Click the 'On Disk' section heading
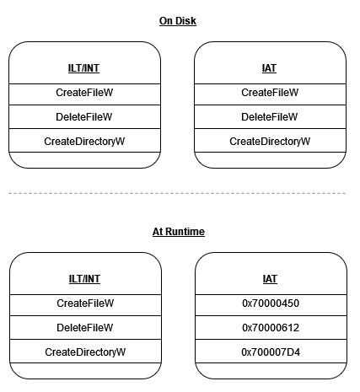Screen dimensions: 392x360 [178, 20]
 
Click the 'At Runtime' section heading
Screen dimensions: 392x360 [178, 230]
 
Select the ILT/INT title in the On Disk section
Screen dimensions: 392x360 [85, 68]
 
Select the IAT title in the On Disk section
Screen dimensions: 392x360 [270, 68]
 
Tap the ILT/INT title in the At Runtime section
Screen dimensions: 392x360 [85, 278]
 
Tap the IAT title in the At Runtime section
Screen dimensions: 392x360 [270, 278]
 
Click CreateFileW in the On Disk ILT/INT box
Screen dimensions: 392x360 [85, 93]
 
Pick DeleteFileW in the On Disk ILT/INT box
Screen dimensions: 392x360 [85, 117]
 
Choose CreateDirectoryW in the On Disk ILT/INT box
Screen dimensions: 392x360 [85, 142]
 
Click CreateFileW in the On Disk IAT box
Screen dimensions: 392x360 [270, 93]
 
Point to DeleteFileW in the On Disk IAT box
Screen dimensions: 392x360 [270, 117]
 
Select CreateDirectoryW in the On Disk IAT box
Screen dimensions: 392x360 [270, 142]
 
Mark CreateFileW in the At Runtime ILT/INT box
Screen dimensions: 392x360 [85, 303]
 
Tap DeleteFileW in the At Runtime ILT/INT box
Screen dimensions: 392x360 [85, 327]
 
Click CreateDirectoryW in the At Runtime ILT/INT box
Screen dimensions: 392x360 [85, 352]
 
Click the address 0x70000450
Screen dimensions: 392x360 [270, 303]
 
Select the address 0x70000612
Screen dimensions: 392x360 [270, 327]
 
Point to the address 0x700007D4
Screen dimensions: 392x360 [270, 352]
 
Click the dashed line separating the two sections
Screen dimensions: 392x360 [178, 194]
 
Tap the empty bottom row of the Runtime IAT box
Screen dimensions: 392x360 [270, 370]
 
